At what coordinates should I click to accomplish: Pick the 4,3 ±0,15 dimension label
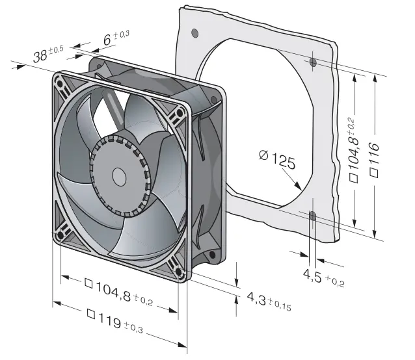tap(267, 301)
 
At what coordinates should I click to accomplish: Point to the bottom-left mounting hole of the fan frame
tap(63, 235)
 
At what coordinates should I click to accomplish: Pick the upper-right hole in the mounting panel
tap(313, 62)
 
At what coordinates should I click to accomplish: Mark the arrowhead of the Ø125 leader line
tap(301, 188)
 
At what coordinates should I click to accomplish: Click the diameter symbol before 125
tap(263, 155)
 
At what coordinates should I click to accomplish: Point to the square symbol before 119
tap(92, 314)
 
